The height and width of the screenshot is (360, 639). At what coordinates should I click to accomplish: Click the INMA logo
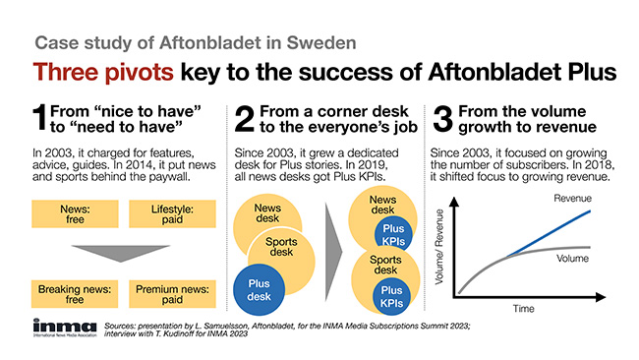[x=65, y=328]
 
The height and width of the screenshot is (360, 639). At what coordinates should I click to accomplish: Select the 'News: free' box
[x=75, y=214]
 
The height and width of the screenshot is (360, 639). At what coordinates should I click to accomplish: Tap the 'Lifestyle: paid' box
[x=172, y=214]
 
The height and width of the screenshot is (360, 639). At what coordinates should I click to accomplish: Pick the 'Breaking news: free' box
[x=75, y=294]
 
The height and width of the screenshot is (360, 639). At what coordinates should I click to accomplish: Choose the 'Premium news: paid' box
[x=172, y=294]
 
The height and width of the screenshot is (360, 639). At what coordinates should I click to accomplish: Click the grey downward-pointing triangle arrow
[x=121, y=252]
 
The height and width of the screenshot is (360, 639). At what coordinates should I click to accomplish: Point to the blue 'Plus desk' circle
[x=259, y=290]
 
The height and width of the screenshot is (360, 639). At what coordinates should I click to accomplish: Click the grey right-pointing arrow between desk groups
[x=333, y=251]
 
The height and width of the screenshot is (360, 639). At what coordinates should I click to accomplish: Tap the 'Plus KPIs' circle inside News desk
[x=393, y=234]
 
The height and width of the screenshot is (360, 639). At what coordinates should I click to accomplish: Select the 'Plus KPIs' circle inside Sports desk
[x=392, y=296]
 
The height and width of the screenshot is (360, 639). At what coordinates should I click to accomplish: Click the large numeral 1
[x=40, y=118]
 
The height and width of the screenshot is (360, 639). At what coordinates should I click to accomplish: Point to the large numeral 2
[x=245, y=118]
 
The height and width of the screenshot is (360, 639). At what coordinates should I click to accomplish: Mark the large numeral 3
[x=443, y=118]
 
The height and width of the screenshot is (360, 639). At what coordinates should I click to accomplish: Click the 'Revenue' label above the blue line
[x=572, y=199]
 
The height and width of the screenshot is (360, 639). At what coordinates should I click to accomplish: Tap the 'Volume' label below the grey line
[x=572, y=259]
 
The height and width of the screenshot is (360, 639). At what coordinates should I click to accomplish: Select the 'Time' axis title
[x=523, y=309]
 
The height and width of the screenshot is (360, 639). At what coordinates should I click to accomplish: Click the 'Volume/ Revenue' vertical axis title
[x=438, y=247]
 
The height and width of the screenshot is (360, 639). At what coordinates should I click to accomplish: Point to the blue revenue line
[x=550, y=234]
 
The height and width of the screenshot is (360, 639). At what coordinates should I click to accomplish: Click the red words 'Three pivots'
[x=103, y=72]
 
